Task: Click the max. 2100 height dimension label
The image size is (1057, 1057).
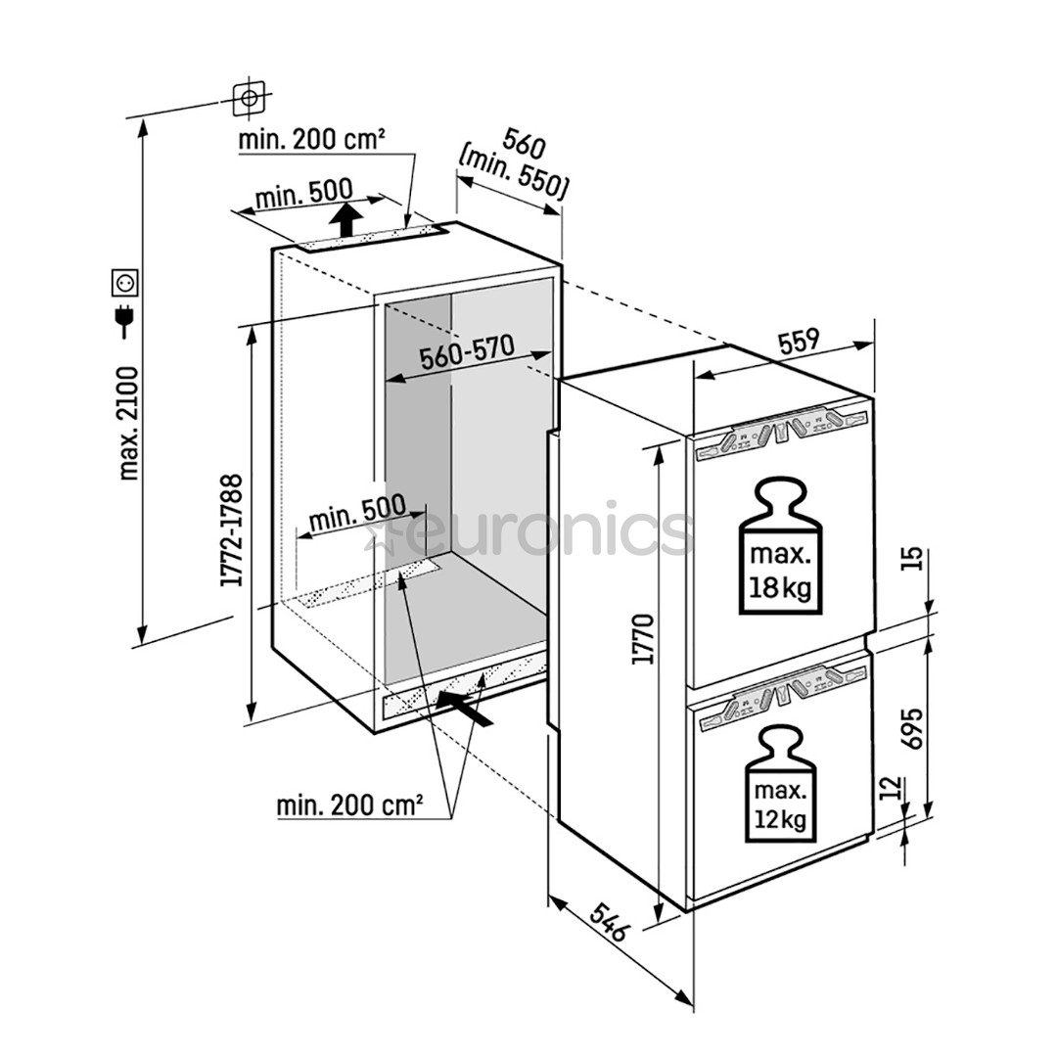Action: click(x=128, y=423)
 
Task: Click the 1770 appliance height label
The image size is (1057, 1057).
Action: click(x=642, y=640)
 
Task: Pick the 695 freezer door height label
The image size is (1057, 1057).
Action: click(x=912, y=725)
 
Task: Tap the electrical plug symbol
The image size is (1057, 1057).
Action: click(x=125, y=320)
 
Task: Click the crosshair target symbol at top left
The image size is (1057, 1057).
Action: click(x=249, y=97)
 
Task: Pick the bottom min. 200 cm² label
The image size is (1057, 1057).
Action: click(x=349, y=805)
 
